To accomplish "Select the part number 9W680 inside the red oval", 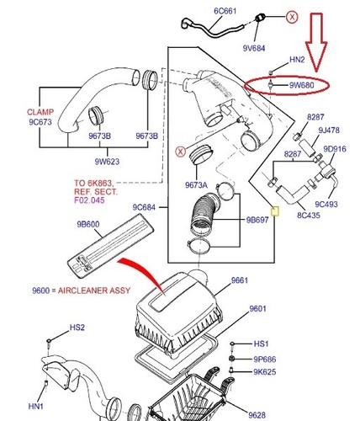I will [301, 85].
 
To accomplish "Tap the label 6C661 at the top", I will [203, 11].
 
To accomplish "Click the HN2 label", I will [297, 60].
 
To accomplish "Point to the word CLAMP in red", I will [16, 110].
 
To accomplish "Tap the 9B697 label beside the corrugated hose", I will [257, 220].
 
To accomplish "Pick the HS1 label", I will [262, 344].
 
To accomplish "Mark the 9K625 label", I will [266, 371].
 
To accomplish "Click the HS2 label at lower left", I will [77, 328].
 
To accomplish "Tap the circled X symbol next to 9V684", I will [291, 16].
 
